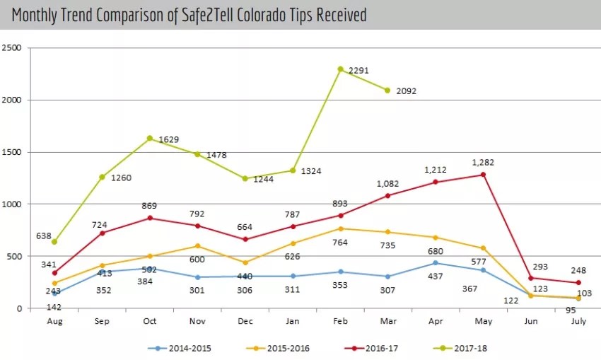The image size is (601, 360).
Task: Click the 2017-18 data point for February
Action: pos(340,69)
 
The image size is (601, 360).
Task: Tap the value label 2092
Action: pos(407,91)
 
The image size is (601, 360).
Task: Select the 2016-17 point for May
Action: pos(483,175)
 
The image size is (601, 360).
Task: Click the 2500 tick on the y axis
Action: pos(12,48)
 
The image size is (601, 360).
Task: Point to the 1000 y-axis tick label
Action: pos(12,204)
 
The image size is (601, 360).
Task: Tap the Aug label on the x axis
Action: pos(54,320)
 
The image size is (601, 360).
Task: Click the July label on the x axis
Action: pos(578,320)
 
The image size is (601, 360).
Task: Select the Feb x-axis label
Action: pos(340,320)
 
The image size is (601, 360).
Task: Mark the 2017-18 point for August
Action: pos(54,242)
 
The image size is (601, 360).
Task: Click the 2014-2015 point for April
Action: pos(436,263)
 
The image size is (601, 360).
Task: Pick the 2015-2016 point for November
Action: pos(197,246)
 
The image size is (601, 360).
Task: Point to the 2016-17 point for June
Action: pos(531,278)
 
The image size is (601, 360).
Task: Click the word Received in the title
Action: pos(339,15)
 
